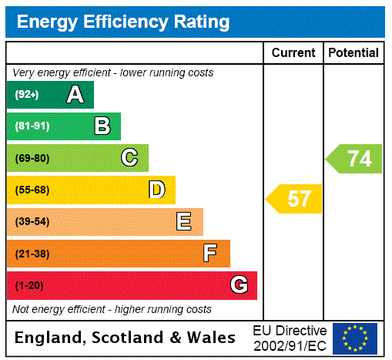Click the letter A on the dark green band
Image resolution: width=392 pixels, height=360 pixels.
pyautogui.click(x=75, y=95)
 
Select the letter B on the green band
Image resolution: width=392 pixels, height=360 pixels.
pyautogui.click(x=102, y=126)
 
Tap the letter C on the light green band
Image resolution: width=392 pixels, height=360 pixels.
pyautogui.click(x=129, y=158)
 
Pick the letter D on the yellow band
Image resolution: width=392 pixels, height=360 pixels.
pyautogui.click(x=156, y=190)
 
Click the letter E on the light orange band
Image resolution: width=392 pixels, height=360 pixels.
pyautogui.click(x=184, y=222)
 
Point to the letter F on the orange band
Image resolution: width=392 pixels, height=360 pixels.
pyautogui.click(x=210, y=253)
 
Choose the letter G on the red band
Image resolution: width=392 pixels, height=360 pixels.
pyautogui.click(x=239, y=285)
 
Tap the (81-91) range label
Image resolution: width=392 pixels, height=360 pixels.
pyautogui.click(x=31, y=126)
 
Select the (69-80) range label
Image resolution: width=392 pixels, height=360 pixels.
pyautogui.click(x=32, y=158)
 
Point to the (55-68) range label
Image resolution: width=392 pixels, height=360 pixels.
pyautogui.click(x=32, y=190)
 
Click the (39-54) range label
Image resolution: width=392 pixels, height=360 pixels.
pyautogui.click(x=32, y=222)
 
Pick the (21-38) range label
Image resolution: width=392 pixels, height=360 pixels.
pyautogui.click(x=32, y=254)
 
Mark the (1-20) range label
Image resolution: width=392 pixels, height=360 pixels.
pyautogui.click(x=29, y=285)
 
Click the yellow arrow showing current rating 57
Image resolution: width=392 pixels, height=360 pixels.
pyautogui.click(x=295, y=199)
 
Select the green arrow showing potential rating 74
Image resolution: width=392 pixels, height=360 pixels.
pyautogui.click(x=355, y=159)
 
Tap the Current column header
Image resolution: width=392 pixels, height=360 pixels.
pyautogui.click(x=293, y=52)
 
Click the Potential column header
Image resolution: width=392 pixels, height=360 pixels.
pyautogui.click(x=353, y=52)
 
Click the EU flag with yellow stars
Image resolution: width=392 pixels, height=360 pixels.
pyautogui.click(x=354, y=338)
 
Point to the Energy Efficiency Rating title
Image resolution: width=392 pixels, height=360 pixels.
pyautogui.click(x=123, y=22)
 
